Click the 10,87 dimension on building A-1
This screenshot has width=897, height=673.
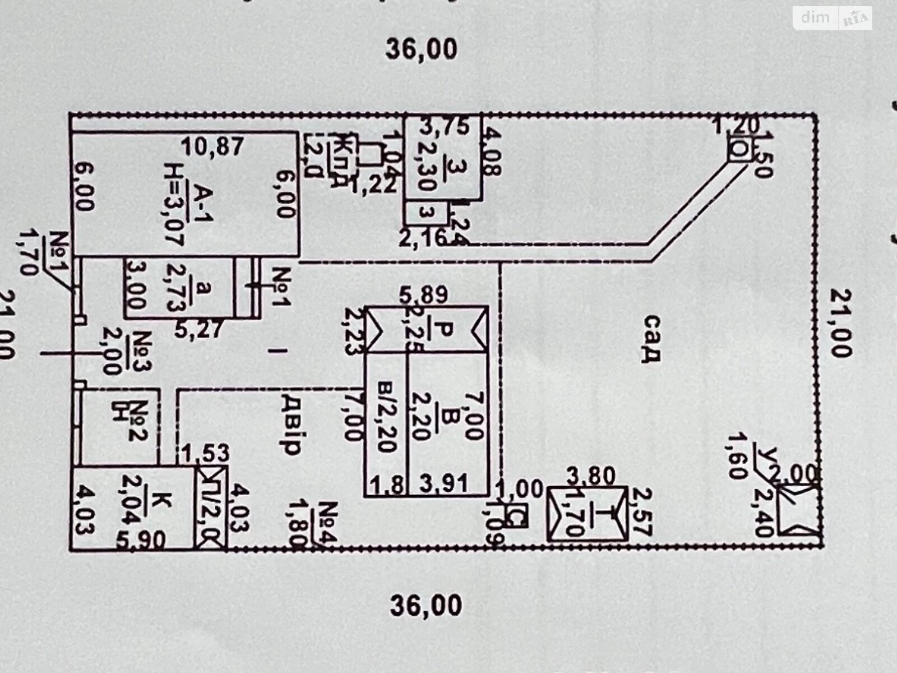pos(212,147)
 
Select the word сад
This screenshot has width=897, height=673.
pos(652,339)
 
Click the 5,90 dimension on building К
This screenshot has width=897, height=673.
pos(141,540)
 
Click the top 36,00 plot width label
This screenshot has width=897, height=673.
pos(421,49)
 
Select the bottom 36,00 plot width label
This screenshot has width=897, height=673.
pos(426,606)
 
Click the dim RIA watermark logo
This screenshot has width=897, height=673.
pos(832,19)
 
